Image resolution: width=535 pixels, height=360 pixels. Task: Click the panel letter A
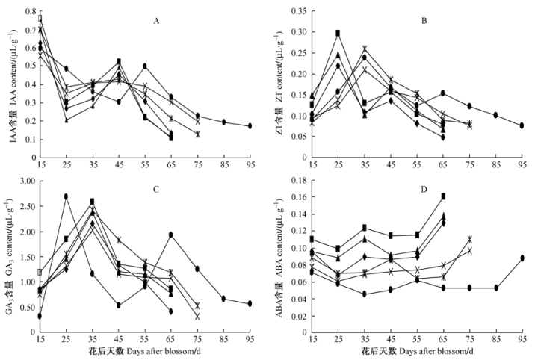(x=156, y=20)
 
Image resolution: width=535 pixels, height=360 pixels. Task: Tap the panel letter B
(x=424, y=20)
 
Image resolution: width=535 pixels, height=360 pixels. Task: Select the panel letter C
(x=156, y=189)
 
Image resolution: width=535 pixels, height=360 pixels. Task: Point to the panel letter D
(x=424, y=189)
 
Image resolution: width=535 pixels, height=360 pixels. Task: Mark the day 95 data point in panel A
(x=250, y=126)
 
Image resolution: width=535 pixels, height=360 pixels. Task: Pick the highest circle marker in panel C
(x=66, y=196)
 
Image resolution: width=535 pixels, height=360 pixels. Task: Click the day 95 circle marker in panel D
(x=521, y=258)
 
